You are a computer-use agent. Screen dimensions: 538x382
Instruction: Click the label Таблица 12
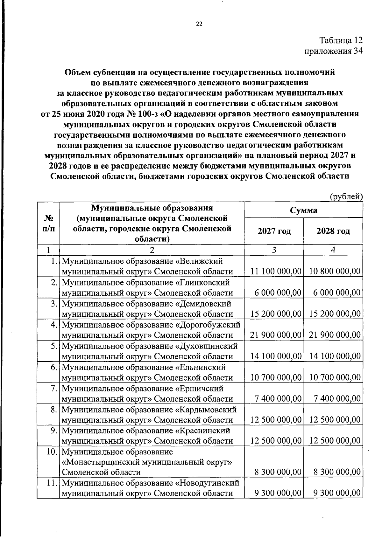click(341, 40)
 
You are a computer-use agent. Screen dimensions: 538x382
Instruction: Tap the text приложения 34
click(334, 51)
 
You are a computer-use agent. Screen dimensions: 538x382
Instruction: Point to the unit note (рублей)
click(346, 197)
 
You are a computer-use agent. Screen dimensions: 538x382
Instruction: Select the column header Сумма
click(303, 210)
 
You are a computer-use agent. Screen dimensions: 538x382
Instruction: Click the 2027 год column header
click(274, 231)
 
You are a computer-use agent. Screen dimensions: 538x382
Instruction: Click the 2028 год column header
click(333, 231)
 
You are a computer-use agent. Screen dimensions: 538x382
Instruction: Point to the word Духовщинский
click(207, 346)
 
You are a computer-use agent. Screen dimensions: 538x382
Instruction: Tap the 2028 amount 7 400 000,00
click(337, 398)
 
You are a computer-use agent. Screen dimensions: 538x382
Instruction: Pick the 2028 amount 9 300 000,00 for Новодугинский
click(337, 493)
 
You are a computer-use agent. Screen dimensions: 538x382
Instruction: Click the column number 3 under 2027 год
click(274, 250)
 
